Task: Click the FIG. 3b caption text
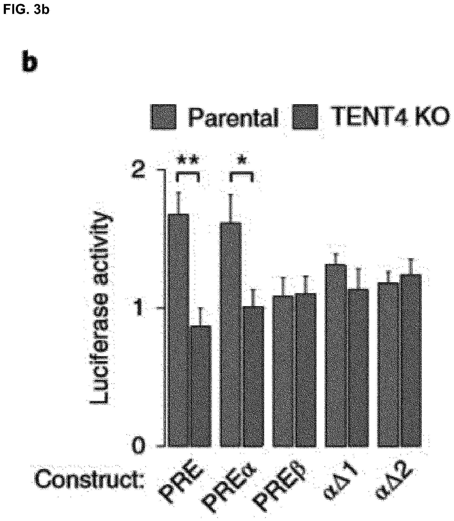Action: tap(26, 10)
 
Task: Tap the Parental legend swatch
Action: tap(163, 117)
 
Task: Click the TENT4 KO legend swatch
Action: tap(305, 117)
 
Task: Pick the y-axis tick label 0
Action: tap(139, 446)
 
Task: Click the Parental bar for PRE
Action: tap(179, 330)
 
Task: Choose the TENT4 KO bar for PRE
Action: tap(201, 386)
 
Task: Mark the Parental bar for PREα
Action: tap(231, 334)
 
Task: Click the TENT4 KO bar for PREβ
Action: tap(306, 370)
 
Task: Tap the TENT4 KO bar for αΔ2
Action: tap(411, 360)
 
